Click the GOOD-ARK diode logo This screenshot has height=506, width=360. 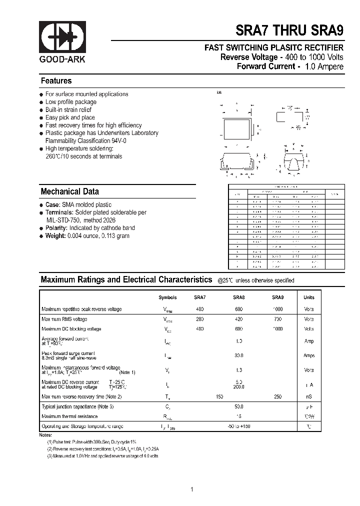pyautogui.click(x=62, y=37)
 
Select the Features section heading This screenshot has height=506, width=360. pyautogui.click(x=56, y=81)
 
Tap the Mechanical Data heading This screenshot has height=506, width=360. pyautogui.click(x=69, y=191)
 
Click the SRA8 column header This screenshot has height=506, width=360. pyautogui.click(x=238, y=297)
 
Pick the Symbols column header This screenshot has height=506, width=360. pyautogui.click(x=167, y=297)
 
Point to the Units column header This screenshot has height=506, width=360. pyautogui.click(x=309, y=297)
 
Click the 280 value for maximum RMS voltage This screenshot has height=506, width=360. pyautogui.click(x=199, y=319)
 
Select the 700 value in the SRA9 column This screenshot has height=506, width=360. pyautogui.click(x=277, y=319)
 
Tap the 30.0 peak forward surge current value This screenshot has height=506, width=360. pyautogui.click(x=238, y=355)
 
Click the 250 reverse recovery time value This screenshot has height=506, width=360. pyautogui.click(x=277, y=396)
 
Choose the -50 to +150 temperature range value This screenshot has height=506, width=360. pyautogui.click(x=238, y=426)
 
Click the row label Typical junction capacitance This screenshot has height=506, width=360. pyautogui.click(x=77, y=406)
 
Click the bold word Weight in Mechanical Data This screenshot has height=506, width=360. pyautogui.click(x=55, y=236)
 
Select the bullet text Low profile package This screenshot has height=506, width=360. pyautogui.click(x=71, y=102)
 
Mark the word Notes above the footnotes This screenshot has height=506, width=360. pyautogui.click(x=45, y=435)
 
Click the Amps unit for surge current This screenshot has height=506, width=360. pyautogui.click(x=309, y=355)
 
